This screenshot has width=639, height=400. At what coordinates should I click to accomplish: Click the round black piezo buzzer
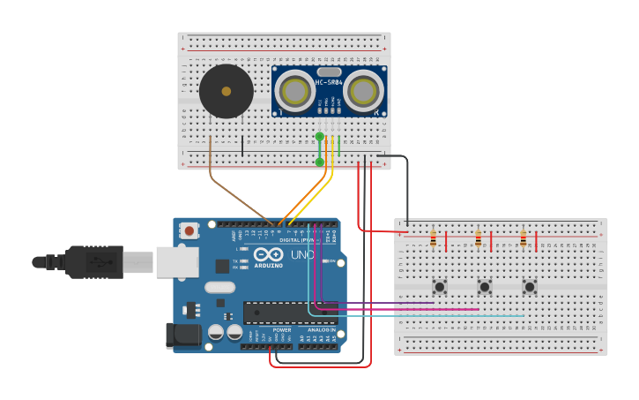[226, 91]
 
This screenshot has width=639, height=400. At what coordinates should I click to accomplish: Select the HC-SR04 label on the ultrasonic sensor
[329, 83]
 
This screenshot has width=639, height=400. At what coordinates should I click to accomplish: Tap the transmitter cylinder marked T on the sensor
[294, 91]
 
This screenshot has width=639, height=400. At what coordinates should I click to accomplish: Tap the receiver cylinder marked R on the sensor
[363, 90]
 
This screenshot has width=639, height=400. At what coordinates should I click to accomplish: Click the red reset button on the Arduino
[189, 230]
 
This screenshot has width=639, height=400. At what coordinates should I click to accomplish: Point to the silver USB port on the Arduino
[176, 262]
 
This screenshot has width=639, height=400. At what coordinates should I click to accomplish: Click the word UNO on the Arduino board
[302, 254]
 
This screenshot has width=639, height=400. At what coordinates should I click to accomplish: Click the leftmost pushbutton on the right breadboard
[439, 286]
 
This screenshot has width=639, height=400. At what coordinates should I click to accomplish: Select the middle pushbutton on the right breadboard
[484, 286]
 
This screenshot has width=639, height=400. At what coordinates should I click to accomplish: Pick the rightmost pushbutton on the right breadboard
[529, 286]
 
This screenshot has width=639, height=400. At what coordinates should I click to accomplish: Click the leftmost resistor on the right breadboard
[433, 239]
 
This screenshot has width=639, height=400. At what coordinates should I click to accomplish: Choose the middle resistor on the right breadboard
[478, 239]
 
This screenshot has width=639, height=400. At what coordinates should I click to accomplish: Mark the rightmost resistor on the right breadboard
[523, 239]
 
